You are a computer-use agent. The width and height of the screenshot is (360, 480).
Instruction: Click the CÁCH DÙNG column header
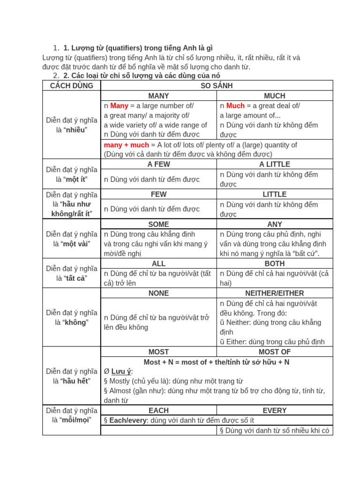click(71, 86)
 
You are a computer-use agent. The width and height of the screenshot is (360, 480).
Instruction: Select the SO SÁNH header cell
click(217, 86)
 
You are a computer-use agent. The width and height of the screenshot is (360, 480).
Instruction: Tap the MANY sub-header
click(158, 96)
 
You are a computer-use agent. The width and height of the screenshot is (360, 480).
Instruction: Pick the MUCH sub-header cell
click(275, 96)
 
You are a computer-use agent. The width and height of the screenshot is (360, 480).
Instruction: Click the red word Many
click(119, 106)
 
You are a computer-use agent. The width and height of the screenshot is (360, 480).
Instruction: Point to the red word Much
click(235, 106)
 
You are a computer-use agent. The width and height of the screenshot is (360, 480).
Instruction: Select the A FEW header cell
click(158, 164)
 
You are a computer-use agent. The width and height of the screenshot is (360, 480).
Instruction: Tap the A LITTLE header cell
click(275, 164)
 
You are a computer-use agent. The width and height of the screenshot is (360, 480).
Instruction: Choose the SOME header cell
click(158, 224)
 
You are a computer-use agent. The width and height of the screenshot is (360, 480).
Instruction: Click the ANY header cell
click(275, 224)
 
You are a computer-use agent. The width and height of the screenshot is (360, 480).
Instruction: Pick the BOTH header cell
click(275, 263)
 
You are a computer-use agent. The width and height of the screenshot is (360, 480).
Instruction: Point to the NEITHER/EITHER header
click(275, 293)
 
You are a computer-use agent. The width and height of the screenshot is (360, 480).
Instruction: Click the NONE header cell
click(158, 293)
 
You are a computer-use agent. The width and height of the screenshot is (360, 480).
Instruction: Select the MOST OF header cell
click(275, 352)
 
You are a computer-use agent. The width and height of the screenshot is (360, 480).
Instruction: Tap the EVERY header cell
click(275, 411)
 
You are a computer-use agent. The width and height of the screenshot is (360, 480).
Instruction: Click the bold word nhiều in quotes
click(76, 130)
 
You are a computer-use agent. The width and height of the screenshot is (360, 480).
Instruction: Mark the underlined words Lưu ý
click(121, 371)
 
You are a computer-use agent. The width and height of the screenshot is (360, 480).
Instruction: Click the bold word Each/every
click(128, 420)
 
